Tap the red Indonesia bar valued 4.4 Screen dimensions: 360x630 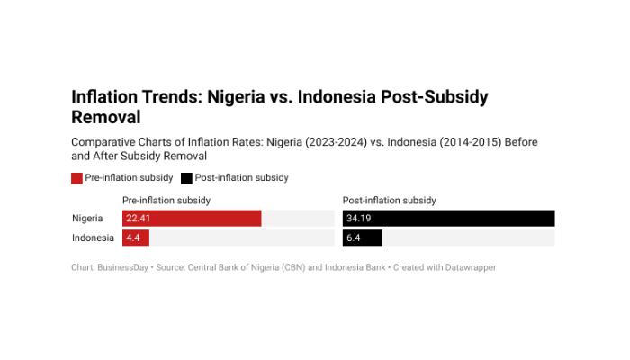tap(136, 238)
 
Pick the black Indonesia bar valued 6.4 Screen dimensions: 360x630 tap(363, 238)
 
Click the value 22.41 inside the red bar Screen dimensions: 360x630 tap(138, 219)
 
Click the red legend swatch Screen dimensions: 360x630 tap(76, 178)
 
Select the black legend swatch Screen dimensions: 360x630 tap(186, 178)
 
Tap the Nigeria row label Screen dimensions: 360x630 tap(87, 219)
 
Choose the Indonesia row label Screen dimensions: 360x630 tap(93, 238)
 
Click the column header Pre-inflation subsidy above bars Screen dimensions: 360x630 tap(166, 200)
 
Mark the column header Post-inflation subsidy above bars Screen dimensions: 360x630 tap(390, 200)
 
